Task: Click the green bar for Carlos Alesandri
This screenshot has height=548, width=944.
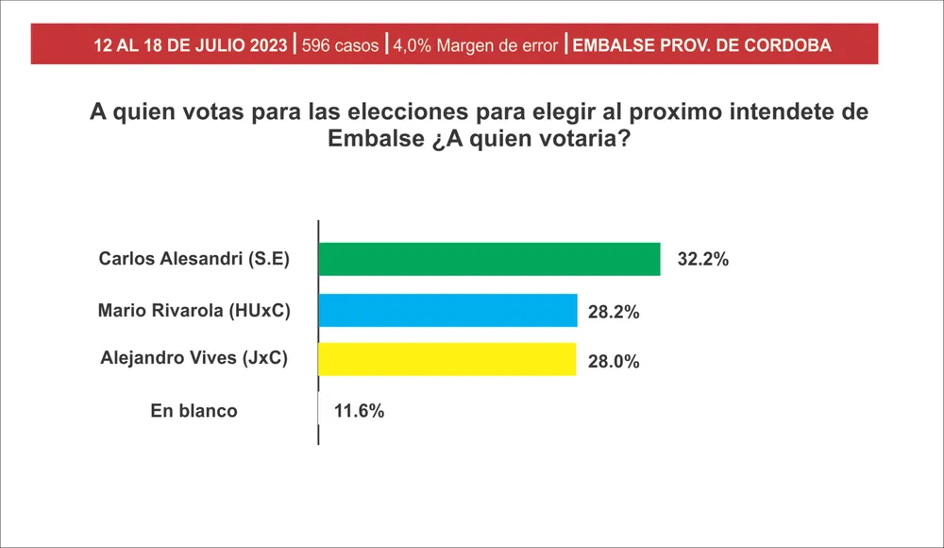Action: point(489,259)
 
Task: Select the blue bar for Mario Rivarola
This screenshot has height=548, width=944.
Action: point(447,310)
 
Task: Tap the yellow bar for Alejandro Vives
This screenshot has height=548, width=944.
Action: point(447,359)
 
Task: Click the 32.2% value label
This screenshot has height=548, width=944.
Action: point(702,260)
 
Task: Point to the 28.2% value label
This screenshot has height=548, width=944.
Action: point(615,312)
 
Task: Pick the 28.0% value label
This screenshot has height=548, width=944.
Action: point(614,361)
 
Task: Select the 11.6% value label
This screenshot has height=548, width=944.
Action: point(358,411)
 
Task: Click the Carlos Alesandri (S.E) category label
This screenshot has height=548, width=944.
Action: point(194,260)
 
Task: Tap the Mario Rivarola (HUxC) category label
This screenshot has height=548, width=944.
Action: point(194,310)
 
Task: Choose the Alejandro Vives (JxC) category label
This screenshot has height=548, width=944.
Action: point(194,358)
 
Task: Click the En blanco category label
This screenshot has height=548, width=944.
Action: point(194,411)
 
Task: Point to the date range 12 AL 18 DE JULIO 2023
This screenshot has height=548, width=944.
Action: point(191,45)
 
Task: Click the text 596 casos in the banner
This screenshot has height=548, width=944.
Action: point(340,45)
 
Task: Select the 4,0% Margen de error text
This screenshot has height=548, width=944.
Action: point(475,45)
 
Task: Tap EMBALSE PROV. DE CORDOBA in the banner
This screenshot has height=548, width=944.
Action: point(702,45)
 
